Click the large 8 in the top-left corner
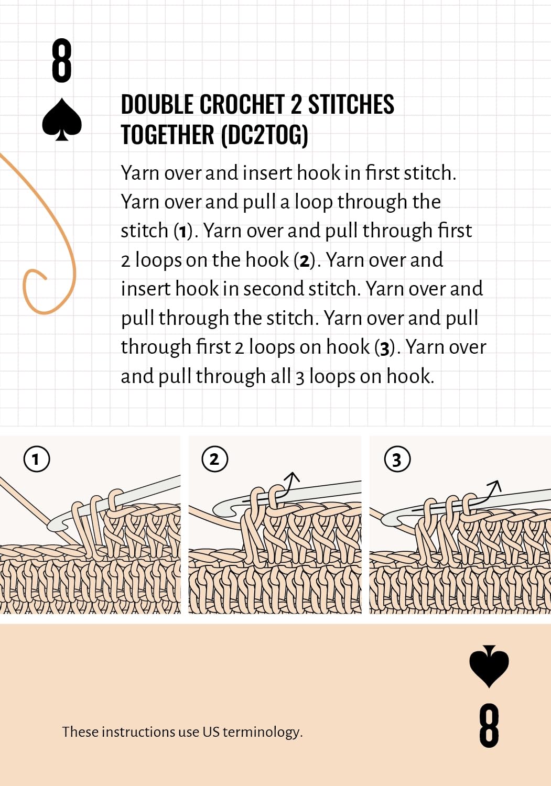61,61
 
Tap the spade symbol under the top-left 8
62,120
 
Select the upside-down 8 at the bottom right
489,725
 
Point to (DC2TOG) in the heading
264,135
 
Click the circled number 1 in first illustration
37,460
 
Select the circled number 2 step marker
214,460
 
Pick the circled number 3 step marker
397,460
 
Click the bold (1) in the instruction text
182,231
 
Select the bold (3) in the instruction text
385,347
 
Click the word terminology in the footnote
262,732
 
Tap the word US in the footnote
211,732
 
